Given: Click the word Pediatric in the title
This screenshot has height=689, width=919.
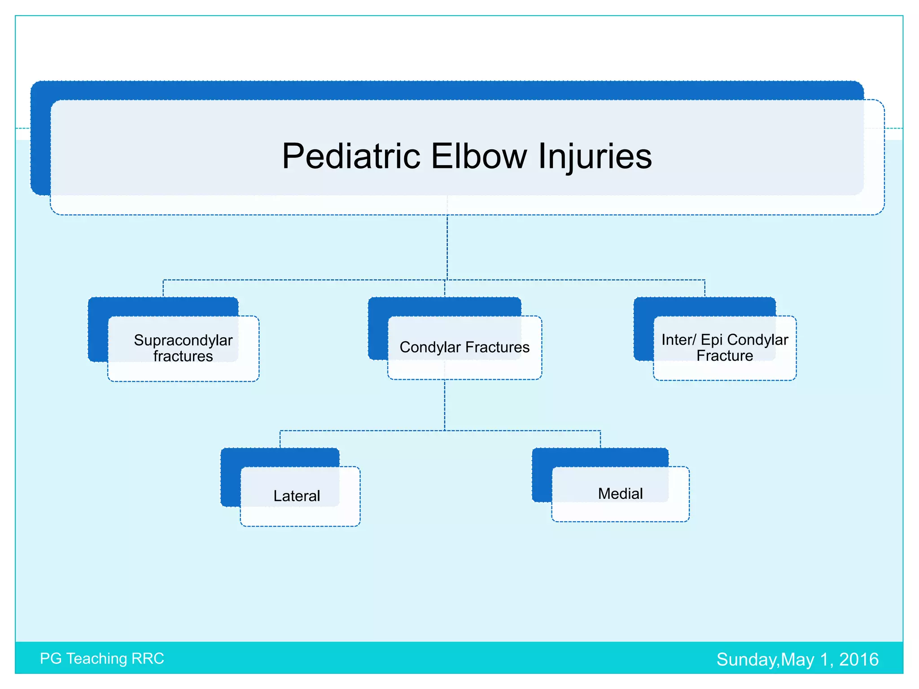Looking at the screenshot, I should pos(351,156).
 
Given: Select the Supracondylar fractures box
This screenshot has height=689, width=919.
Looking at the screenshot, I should pos(183,348).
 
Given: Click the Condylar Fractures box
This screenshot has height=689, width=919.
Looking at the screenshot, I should pos(464,348).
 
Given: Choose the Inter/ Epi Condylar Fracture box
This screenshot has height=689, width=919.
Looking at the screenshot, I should pos(724,348).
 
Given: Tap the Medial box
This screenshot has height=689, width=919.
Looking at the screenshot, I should pos(620,494).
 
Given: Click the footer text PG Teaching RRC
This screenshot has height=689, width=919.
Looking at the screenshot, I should pos(102,658).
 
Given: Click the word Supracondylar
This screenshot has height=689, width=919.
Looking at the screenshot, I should pos(183,340).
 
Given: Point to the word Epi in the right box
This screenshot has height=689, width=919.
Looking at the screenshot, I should pos(712,340).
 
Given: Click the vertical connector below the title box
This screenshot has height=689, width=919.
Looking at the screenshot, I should pos(447,247).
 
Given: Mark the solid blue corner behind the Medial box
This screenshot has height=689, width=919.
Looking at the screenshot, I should pos(542,475).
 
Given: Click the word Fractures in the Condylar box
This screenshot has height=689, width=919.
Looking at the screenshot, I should pos(497,347).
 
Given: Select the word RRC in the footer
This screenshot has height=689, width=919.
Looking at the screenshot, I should pos(148,658).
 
